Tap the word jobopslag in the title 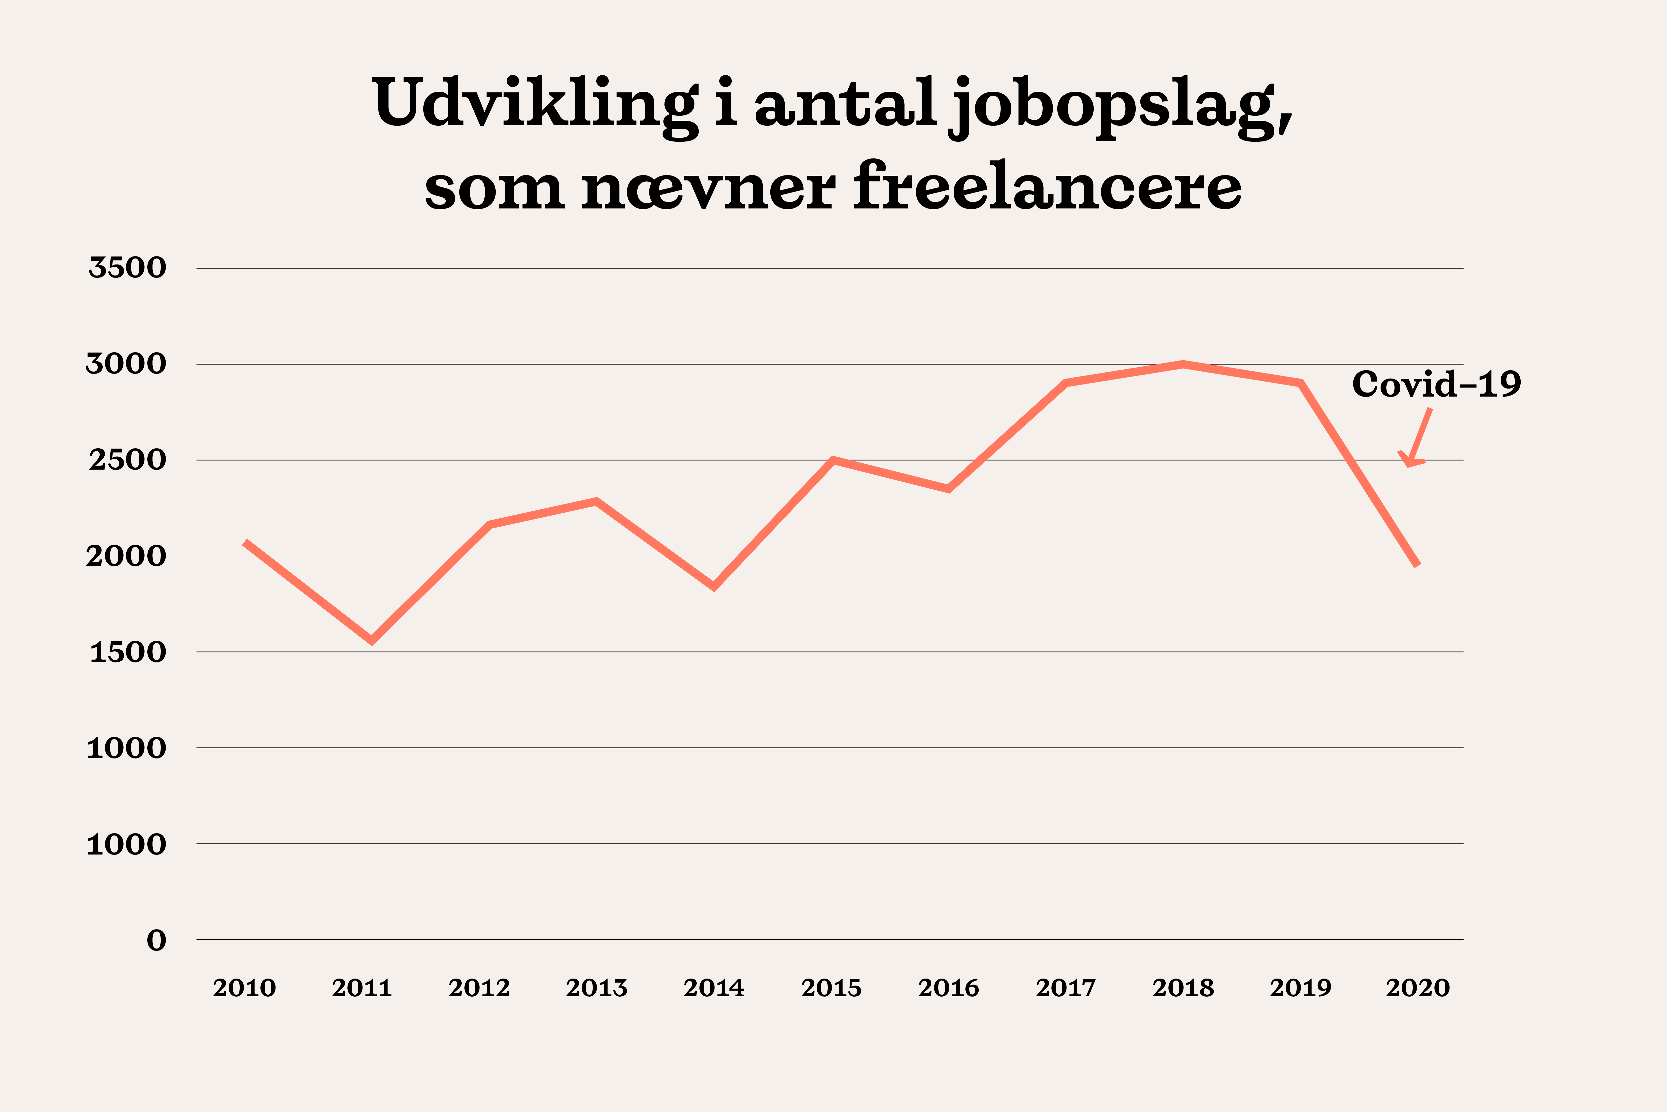click(x=1121, y=106)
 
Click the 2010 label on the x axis click(x=244, y=988)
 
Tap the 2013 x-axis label click(x=596, y=988)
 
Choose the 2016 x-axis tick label click(x=948, y=988)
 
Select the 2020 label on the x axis click(x=1418, y=988)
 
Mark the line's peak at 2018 click(x=1183, y=365)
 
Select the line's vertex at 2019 click(x=1301, y=384)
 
